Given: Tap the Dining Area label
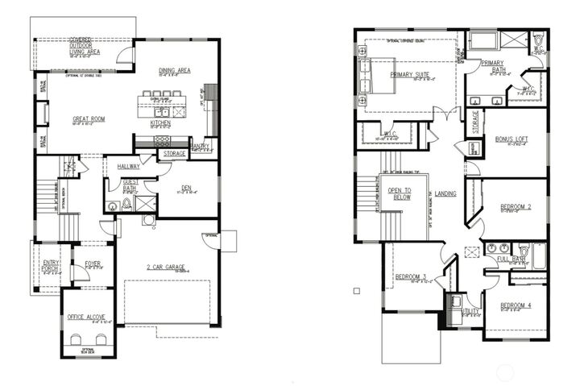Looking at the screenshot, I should click(174, 71).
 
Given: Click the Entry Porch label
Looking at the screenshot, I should click(50, 264).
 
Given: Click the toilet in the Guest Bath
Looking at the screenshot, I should click(113, 206).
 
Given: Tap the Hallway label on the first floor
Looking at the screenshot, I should click(128, 166).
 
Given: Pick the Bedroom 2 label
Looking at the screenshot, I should click(516, 207).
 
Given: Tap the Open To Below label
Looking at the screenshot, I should click(400, 194).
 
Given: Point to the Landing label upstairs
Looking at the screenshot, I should click(445, 194).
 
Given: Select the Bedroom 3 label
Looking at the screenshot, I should click(411, 278).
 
